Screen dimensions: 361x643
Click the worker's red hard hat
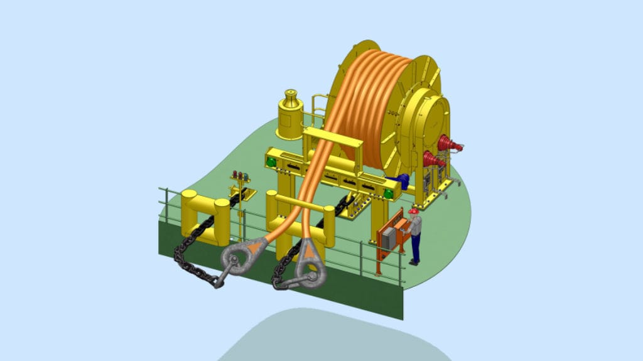(x=413, y=212)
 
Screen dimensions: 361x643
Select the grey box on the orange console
(x=389, y=238)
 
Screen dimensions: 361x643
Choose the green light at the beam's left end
(x=271, y=161)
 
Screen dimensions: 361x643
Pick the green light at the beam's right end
(x=389, y=194)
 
